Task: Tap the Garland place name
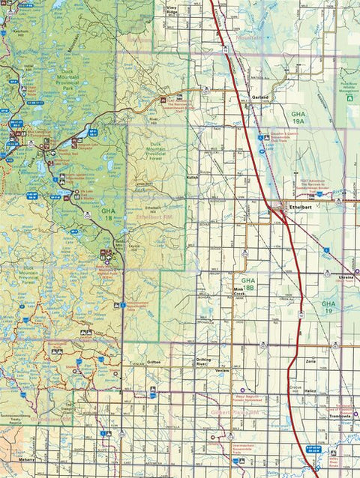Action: click(x=260, y=97)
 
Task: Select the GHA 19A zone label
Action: click(x=298, y=115)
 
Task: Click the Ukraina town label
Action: click(x=346, y=277)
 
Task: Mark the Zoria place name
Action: click(x=310, y=361)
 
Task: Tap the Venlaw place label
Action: click(x=222, y=371)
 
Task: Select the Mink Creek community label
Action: click(x=239, y=292)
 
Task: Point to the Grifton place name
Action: click(x=154, y=362)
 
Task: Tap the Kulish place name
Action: click(x=192, y=178)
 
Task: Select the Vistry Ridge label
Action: click(x=172, y=11)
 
